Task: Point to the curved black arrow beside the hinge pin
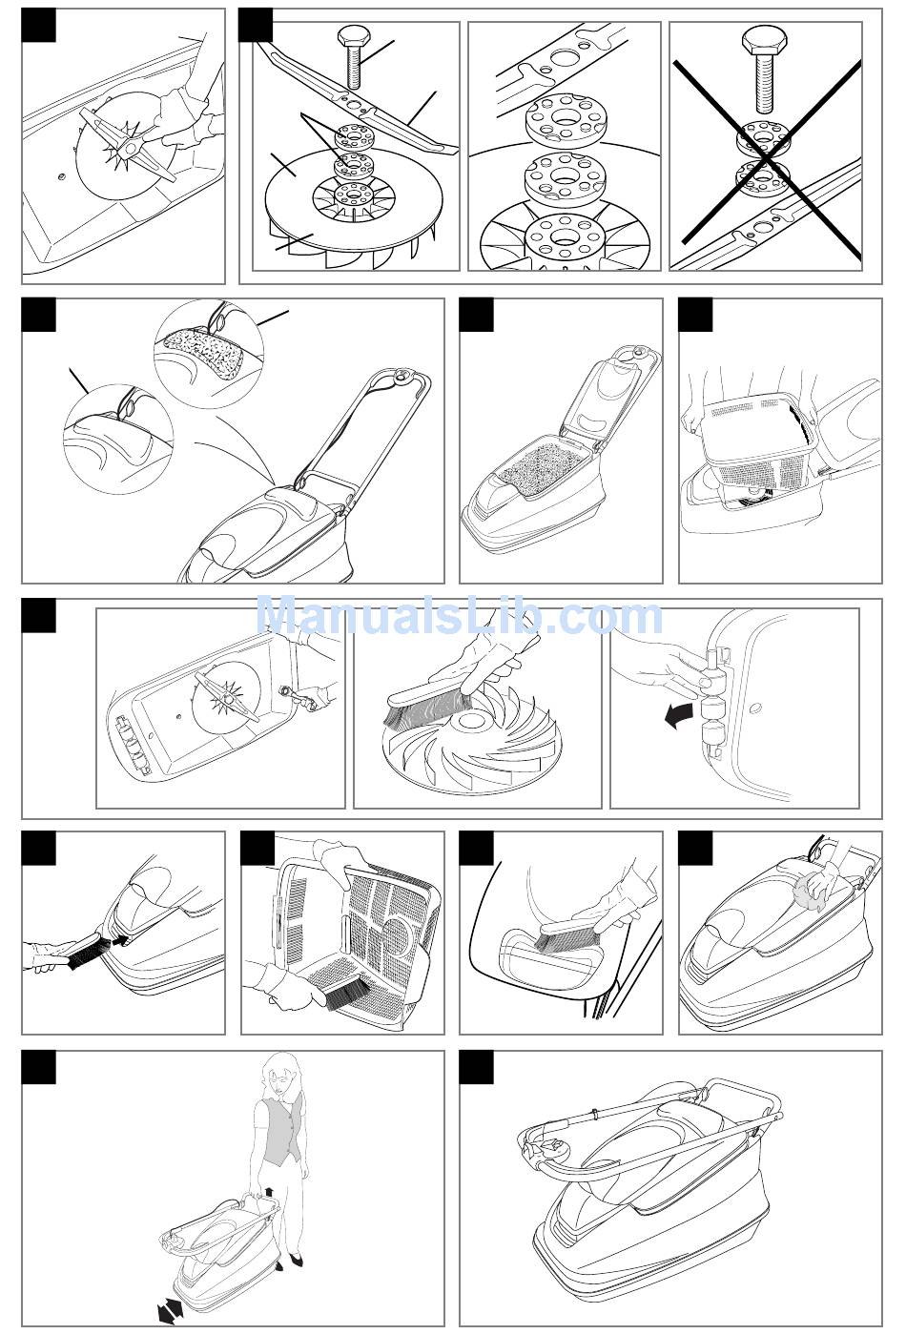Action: tap(680, 712)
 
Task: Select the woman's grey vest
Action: tap(280, 1132)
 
